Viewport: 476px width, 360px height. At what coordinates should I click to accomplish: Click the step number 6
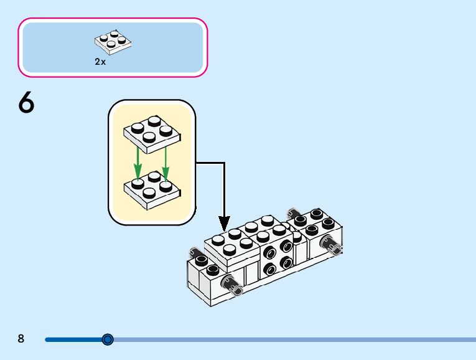click(26, 103)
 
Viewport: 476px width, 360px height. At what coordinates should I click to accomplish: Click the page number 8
click(21, 339)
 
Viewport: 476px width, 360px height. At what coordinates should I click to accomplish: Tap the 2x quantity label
click(100, 62)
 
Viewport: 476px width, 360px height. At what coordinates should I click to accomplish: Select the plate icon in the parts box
click(114, 41)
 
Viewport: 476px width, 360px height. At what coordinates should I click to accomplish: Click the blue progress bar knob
click(108, 339)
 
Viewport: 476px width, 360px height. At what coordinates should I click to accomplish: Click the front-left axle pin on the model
click(235, 286)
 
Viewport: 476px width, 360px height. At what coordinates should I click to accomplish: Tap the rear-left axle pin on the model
click(198, 255)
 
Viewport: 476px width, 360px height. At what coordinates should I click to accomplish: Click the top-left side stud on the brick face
click(269, 253)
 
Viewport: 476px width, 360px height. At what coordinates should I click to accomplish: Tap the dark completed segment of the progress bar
click(75, 339)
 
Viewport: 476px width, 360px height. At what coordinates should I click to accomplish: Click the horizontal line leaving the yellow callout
click(210, 163)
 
